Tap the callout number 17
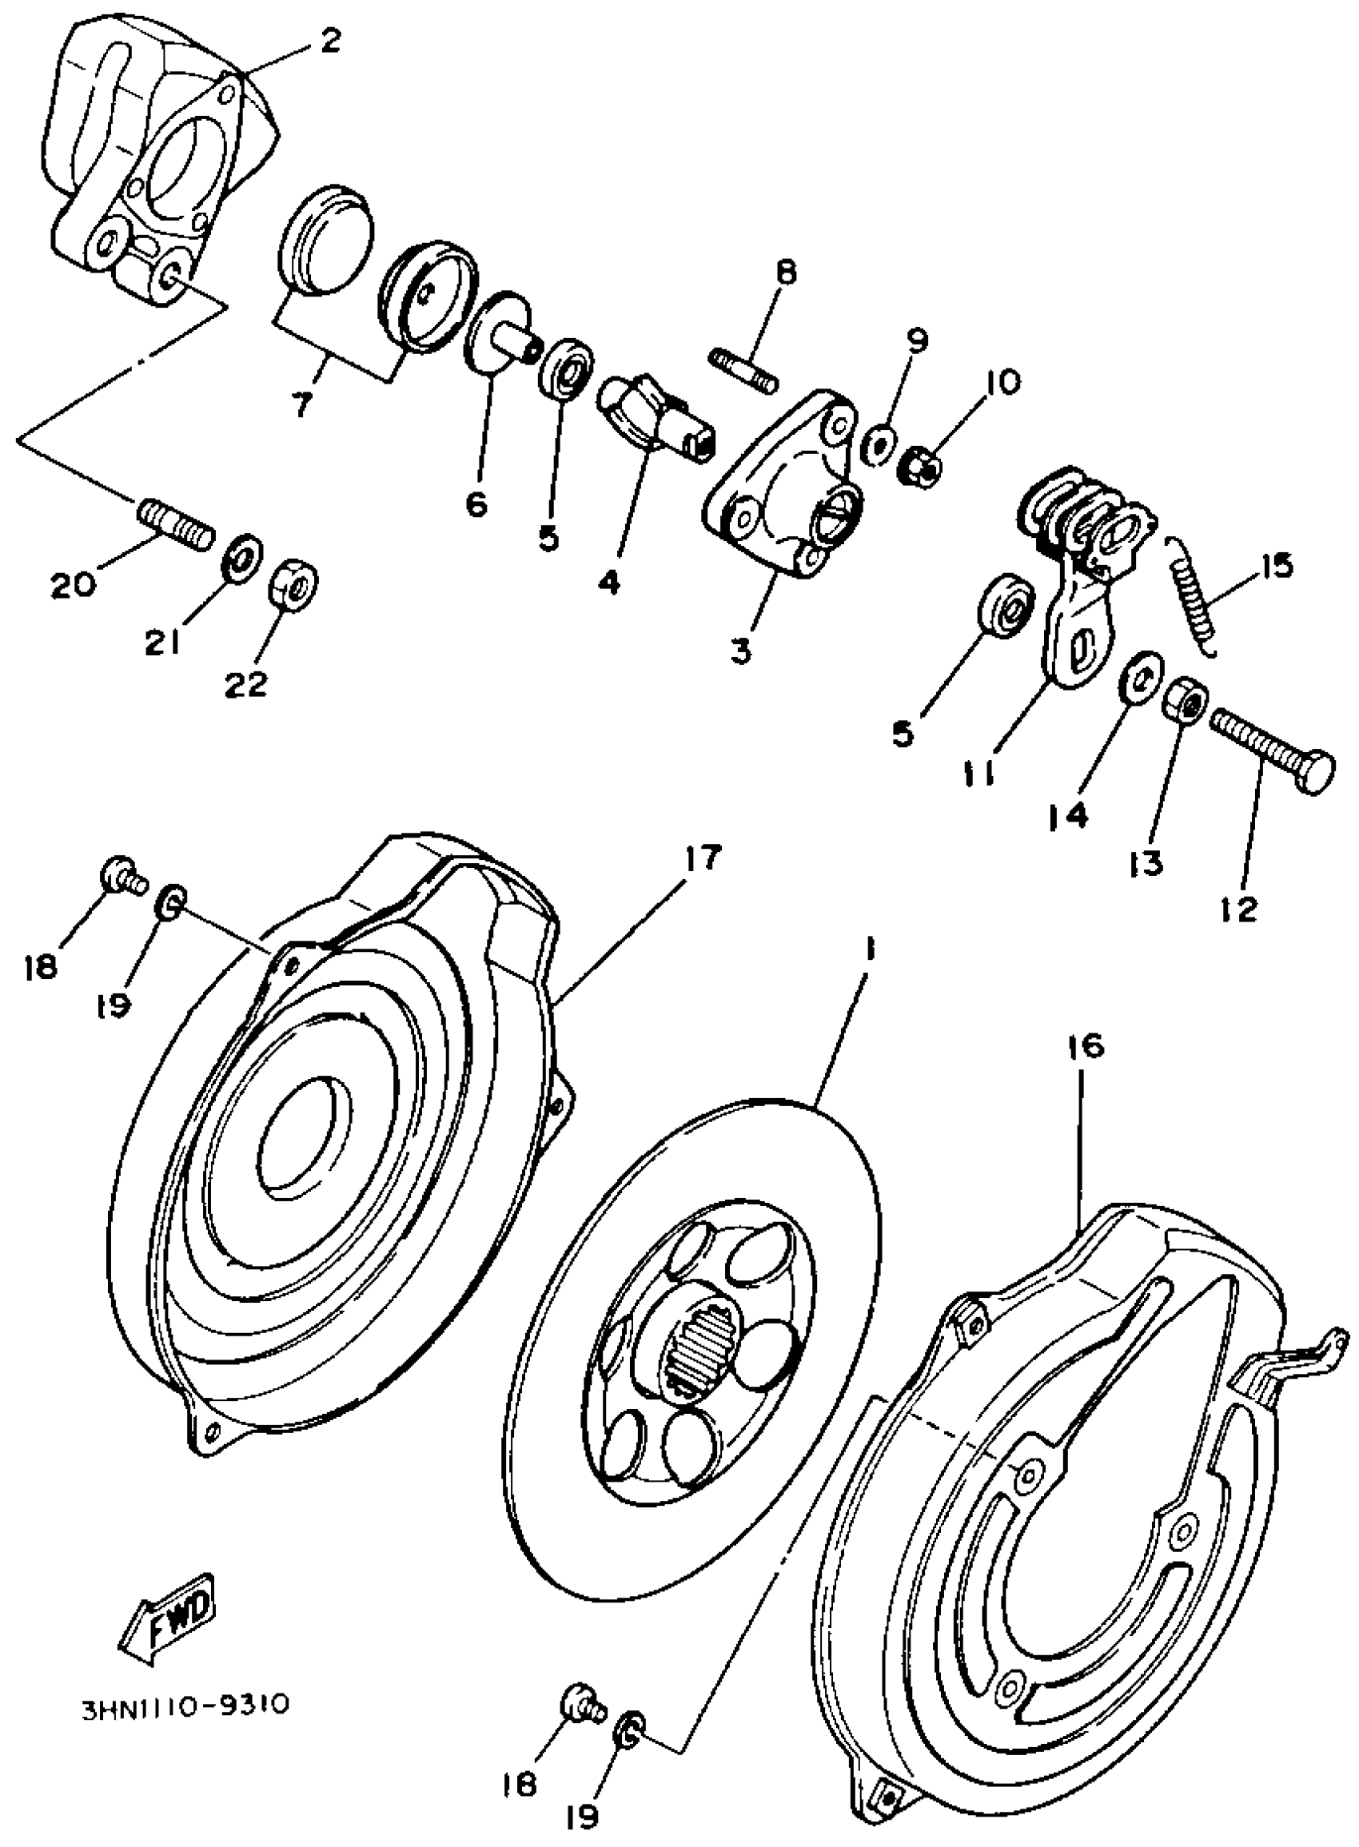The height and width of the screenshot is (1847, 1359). click(701, 858)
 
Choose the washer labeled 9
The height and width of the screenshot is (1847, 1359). click(879, 444)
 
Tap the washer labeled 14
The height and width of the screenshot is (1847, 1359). click(1139, 677)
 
